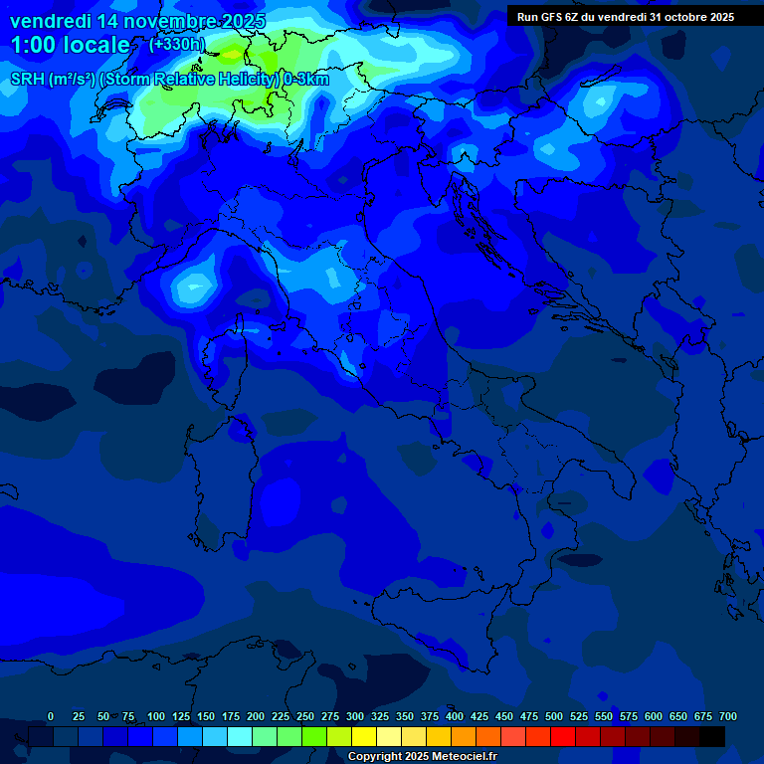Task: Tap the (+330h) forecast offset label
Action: coord(177,44)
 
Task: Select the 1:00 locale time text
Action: coord(70,45)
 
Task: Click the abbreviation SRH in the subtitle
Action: coord(28,80)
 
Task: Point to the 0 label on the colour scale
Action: coord(51,716)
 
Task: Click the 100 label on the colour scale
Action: coord(156,716)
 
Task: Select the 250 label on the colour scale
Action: coord(305,716)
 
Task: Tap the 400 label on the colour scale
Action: coord(455,716)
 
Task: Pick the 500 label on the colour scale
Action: coord(554,716)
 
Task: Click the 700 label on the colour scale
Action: coord(728,716)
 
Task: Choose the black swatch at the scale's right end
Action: coord(712,736)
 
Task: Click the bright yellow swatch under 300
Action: coord(364,736)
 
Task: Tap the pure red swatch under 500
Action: coord(563,736)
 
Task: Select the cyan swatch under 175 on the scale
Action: coord(240,736)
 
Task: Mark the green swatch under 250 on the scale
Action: coord(314,736)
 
